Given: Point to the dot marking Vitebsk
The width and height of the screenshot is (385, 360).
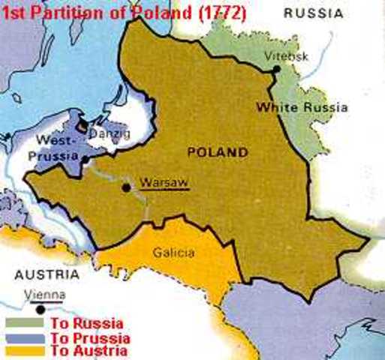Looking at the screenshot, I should pos(277,69).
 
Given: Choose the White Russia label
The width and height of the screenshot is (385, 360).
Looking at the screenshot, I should pos(302,107).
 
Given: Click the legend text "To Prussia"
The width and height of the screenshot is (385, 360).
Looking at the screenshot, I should pos(89,337).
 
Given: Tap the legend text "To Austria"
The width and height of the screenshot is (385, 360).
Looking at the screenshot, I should pos(88,350).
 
